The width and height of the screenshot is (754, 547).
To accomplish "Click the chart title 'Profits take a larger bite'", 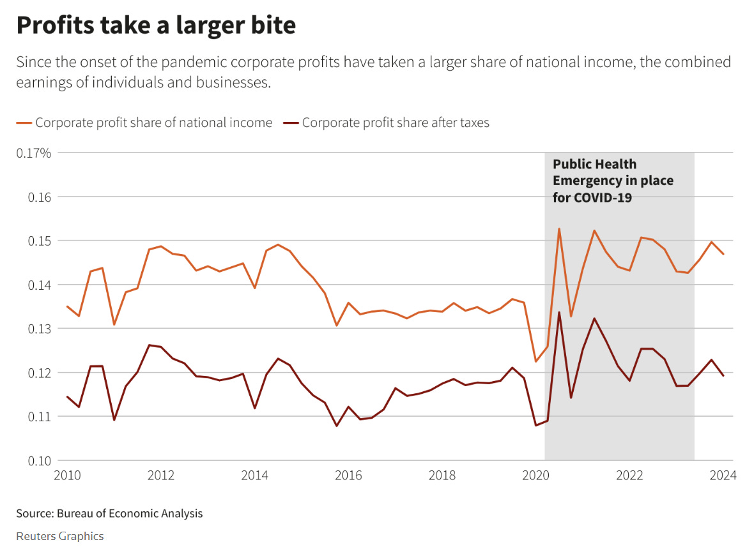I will pos(156,26).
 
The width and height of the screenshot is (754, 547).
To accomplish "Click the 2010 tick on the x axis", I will pos(67,476).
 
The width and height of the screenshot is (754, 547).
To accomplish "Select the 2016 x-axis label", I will pos(348,476).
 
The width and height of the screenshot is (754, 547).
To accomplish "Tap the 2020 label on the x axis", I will pos(536,476).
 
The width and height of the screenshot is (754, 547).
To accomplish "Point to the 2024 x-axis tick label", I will pos(723,476).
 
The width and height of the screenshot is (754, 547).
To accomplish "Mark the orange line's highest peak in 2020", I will pos(559,229).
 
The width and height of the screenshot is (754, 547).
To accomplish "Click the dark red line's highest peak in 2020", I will pos(559,313).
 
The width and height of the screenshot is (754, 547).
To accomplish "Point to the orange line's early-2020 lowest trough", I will pos(536,362).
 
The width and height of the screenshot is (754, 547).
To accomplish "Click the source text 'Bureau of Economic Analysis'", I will pos(130,513).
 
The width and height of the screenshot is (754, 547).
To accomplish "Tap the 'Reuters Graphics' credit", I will pos(59,536).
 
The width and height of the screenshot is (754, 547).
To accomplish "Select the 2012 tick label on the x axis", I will pos(161,476).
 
